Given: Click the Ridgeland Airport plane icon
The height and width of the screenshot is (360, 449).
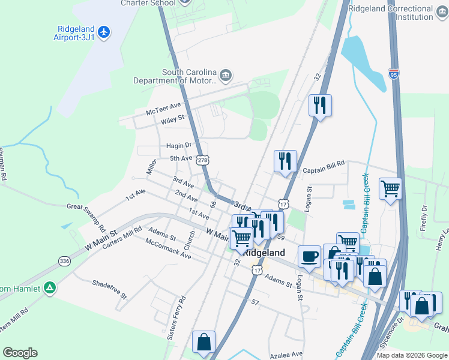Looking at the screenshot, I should (x=104, y=31).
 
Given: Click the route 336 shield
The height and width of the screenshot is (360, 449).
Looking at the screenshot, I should (x=64, y=260).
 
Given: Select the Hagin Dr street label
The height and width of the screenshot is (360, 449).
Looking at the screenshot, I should (x=179, y=145).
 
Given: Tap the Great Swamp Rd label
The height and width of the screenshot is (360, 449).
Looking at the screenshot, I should (x=86, y=217).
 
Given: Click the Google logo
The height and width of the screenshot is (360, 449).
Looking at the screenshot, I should (x=20, y=353).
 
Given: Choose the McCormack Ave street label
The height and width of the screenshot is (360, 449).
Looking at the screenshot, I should (x=168, y=249).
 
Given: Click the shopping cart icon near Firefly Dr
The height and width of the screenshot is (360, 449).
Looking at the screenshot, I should (x=390, y=189).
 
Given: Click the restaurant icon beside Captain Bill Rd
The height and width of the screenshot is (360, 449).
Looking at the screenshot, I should (x=286, y=161).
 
